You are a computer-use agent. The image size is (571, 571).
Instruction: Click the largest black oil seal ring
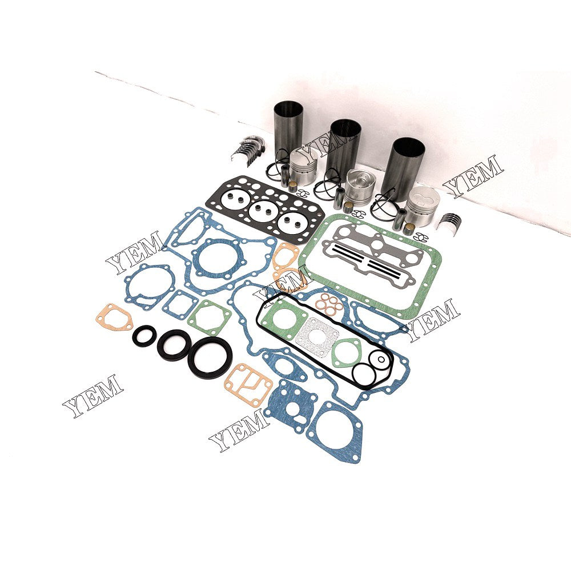click(x=211, y=357)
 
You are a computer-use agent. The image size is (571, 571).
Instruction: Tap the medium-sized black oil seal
click(x=174, y=344)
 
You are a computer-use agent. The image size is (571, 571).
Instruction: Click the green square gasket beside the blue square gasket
click(x=210, y=316)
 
